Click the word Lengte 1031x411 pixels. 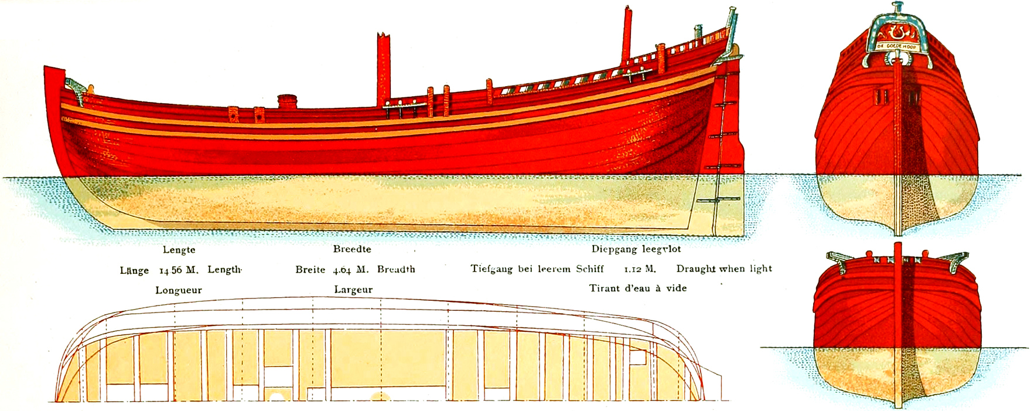click(179, 250)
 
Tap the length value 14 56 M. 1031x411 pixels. click(179, 270)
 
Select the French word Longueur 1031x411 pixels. click(179, 290)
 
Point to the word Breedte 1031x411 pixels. click(352, 249)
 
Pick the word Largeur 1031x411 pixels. click(353, 290)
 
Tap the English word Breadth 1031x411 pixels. click(396, 270)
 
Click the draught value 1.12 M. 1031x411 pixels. click(640, 269)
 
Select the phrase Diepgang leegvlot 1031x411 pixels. click(636, 249)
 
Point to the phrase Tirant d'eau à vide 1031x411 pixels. click(638, 288)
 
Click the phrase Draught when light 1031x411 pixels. click(724, 269)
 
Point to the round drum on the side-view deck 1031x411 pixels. click(288, 101)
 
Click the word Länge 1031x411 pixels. click(134, 270)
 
